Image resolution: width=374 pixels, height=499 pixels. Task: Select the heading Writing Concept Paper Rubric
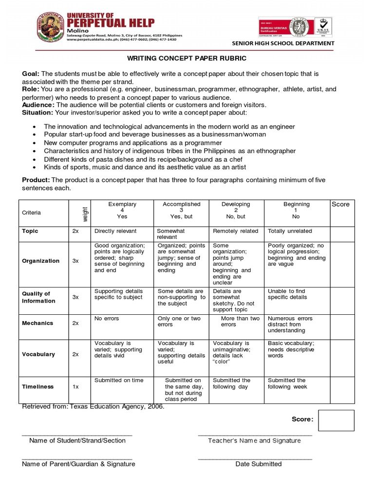[x=187, y=58]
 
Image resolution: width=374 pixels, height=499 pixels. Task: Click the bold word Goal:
[x=31, y=74]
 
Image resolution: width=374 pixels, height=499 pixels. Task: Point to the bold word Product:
[x=36, y=180]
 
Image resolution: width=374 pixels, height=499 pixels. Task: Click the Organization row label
[x=41, y=261]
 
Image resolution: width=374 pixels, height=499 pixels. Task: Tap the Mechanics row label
[x=37, y=323]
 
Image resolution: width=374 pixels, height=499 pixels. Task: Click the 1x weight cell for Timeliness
[x=75, y=386]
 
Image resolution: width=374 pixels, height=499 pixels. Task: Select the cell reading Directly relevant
[x=115, y=231]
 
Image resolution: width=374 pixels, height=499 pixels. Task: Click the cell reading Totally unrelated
[x=290, y=231]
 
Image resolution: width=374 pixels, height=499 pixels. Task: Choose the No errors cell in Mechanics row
[x=107, y=319]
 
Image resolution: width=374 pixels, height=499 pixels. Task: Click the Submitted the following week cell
[x=287, y=384]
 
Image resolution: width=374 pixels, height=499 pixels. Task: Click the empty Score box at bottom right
[x=336, y=421]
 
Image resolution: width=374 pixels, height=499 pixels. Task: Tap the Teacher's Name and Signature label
[x=254, y=441]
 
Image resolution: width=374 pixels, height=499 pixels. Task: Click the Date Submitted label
[x=258, y=464]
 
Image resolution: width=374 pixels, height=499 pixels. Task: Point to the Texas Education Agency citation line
[x=93, y=407]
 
